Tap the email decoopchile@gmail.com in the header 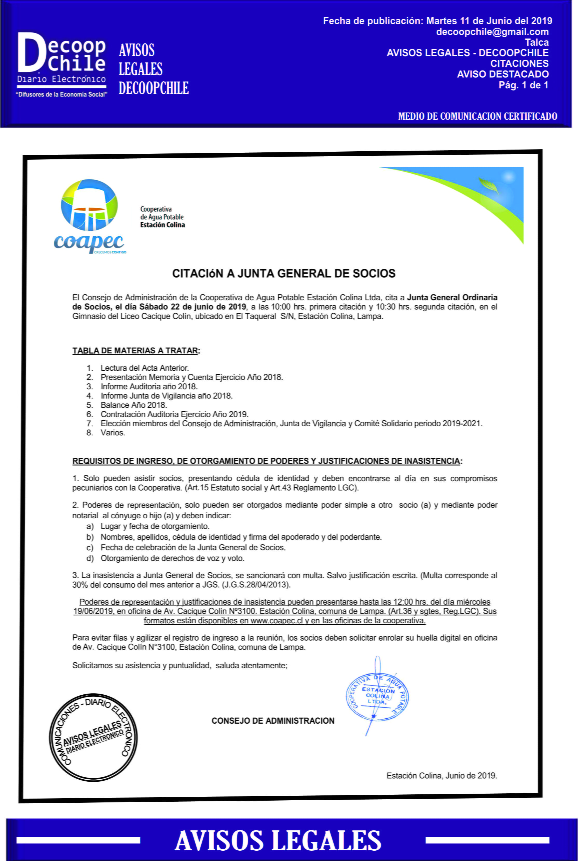coord(492,32)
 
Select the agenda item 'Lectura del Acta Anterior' coord(144,368)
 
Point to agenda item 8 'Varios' coord(113,433)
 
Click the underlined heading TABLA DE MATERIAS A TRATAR coord(135,351)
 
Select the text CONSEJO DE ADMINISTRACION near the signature coord(273,721)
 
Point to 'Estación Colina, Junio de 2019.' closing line coord(442,775)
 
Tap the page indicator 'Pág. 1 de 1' coord(524,85)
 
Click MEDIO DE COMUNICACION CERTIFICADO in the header coord(477,116)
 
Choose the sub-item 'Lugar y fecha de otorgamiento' coord(155,526)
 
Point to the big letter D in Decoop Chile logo coord(31,52)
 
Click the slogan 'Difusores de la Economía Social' coord(61,95)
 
